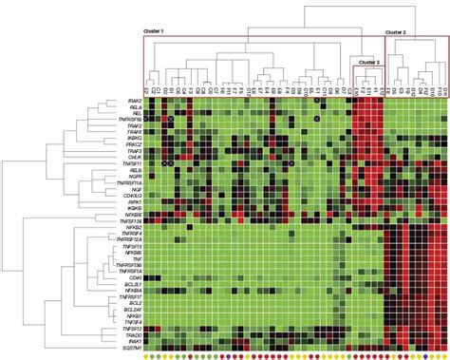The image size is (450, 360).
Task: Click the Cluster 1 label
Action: (x=154, y=31)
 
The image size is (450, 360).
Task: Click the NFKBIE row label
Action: (x=130, y=215)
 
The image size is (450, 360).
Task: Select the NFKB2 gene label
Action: (x=131, y=228)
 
